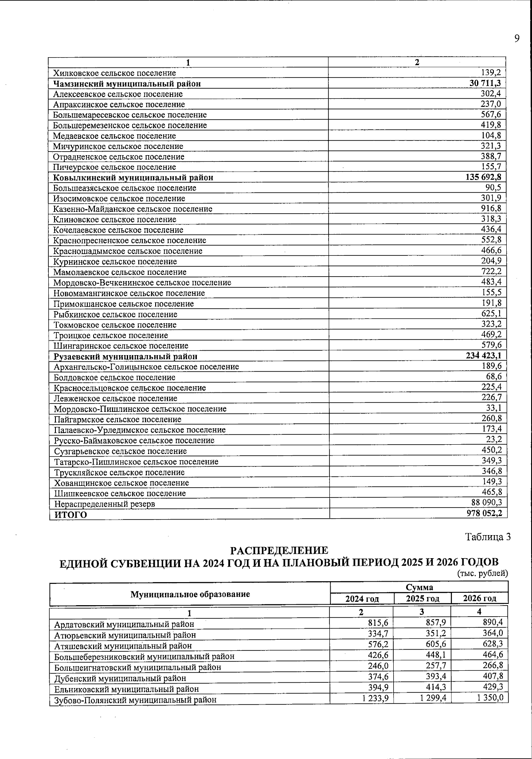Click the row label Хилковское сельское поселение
pos(114,73)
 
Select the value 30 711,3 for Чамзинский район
pos(485,83)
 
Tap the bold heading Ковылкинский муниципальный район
pos(133,178)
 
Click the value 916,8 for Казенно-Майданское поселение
pos(491,208)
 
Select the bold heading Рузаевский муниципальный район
pos(125,356)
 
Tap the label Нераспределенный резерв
pos(105,504)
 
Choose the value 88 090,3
pos(486,503)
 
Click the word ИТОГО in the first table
pos(70,515)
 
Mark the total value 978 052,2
pos(484,514)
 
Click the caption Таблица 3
pos(488,537)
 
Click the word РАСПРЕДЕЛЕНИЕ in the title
pos(279,551)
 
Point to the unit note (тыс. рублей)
pos(482,574)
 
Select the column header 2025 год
pos(422,599)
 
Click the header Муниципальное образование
pos(190,595)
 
